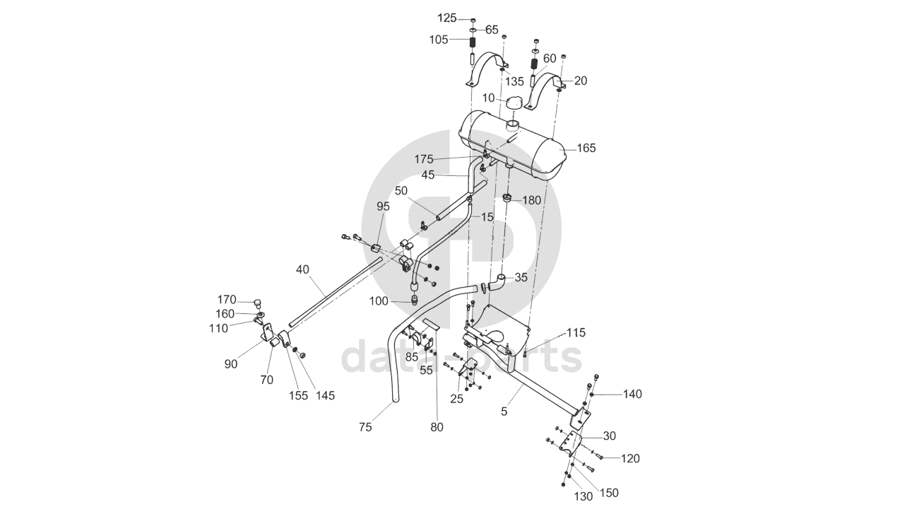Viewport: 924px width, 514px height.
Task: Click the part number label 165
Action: point(586,148)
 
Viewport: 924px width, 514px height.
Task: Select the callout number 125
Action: point(447,18)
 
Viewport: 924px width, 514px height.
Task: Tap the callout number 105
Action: point(438,40)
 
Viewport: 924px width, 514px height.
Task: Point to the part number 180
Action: point(531,201)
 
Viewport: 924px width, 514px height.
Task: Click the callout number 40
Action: point(303,269)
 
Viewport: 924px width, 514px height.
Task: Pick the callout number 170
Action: point(227,299)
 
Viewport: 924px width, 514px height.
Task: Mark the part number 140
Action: point(632,395)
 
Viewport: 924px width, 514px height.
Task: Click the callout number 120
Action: point(630,459)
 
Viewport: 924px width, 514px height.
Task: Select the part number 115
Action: point(576,332)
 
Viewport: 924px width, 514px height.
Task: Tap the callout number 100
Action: point(379,301)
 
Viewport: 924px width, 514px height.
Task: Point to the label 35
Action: point(521,278)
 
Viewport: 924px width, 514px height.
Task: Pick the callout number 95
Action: point(383,206)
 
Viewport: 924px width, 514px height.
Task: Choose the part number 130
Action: point(584,496)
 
